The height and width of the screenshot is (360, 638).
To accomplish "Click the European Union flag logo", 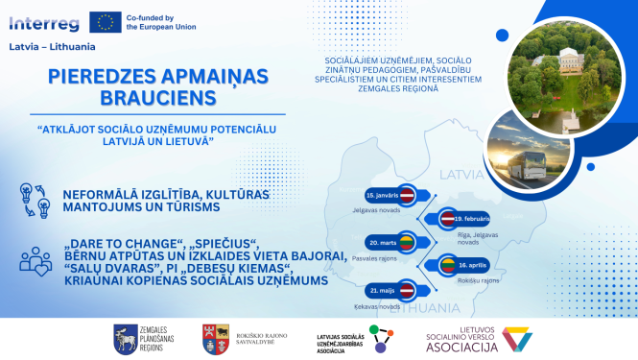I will (x=106, y=22).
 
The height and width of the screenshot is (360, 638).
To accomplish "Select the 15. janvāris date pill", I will (x=386, y=195).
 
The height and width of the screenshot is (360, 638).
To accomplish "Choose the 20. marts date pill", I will (x=385, y=244).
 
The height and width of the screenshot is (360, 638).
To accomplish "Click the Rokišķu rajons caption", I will (x=479, y=280).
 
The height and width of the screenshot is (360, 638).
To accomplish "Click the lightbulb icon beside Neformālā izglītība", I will (x=32, y=199).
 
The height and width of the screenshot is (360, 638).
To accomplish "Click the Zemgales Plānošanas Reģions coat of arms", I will (x=126, y=336).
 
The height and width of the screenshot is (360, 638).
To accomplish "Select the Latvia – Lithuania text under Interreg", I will (x=46, y=45).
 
